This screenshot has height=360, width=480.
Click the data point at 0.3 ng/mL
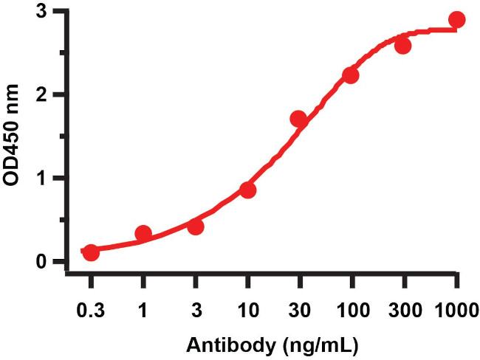click(91, 252)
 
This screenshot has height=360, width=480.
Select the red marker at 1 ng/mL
click(143, 235)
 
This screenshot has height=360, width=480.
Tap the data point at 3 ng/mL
click(196, 226)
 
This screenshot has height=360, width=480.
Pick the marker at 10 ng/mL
click(248, 190)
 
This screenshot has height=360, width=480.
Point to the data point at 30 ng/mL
click(299, 119)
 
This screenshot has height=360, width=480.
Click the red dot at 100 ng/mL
click(351, 76)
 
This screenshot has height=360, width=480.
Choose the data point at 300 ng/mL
click(403, 46)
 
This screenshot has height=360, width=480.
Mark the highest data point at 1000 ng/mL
click(457, 20)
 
